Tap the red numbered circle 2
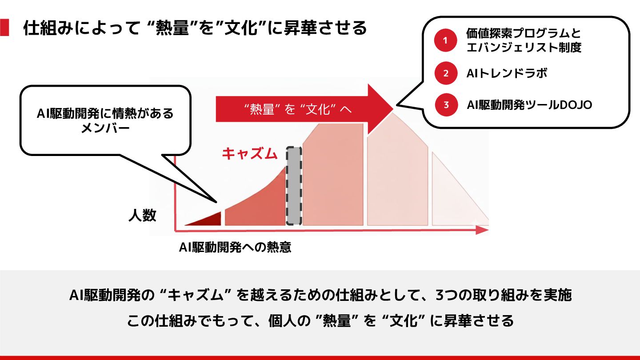pyautogui.click(x=446, y=73)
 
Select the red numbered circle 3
pyautogui.click(x=446, y=105)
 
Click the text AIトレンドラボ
pyautogui.click(x=507, y=73)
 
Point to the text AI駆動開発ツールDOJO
pyautogui.click(x=529, y=105)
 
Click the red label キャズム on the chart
pyautogui.click(x=250, y=154)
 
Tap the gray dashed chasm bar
pyautogui.click(x=293, y=186)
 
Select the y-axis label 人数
pyautogui.click(x=142, y=216)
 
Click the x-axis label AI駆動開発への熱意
pyautogui.click(x=235, y=248)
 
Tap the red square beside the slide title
pyautogui.click(x=4, y=28)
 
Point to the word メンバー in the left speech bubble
pyautogui.click(x=105, y=128)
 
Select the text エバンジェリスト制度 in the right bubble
pyautogui.click(x=524, y=47)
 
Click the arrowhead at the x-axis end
pyautogui.click(x=482, y=230)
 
